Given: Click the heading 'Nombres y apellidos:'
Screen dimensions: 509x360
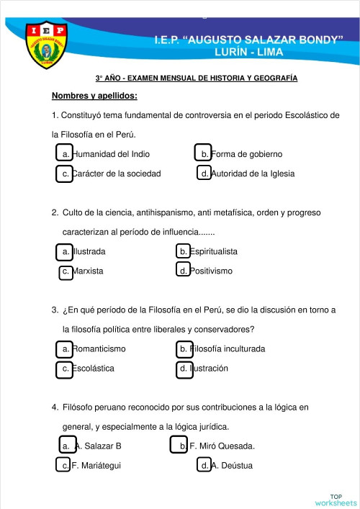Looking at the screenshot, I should [94, 96].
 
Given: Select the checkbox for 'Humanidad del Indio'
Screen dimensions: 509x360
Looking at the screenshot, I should [64, 153].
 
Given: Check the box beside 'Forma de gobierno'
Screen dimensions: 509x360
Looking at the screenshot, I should [203, 153].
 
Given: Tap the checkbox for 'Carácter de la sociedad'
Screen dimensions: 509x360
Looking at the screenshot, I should [64, 174].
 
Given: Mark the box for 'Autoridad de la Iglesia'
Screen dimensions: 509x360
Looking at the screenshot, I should [204, 174].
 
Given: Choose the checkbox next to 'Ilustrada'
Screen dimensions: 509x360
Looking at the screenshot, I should [64, 251].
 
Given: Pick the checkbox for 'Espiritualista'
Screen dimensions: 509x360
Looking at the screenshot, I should [184, 251].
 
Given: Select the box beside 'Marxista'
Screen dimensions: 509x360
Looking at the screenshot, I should [66, 271].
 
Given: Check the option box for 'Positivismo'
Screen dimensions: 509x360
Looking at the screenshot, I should [184, 270].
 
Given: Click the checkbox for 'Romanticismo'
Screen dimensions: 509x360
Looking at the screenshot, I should [64, 349].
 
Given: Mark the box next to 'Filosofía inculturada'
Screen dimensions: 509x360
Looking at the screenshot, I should [184, 349].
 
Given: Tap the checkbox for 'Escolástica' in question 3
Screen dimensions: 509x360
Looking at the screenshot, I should [64, 369].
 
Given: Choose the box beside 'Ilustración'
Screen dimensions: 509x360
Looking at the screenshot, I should [184, 369].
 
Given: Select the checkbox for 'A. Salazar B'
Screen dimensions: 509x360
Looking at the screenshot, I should [68, 445].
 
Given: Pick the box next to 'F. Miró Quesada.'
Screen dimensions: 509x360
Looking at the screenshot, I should [179, 445].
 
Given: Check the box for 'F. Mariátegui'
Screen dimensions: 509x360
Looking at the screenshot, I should [64, 465].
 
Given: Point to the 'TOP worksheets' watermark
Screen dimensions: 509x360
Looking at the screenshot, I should [336, 499].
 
